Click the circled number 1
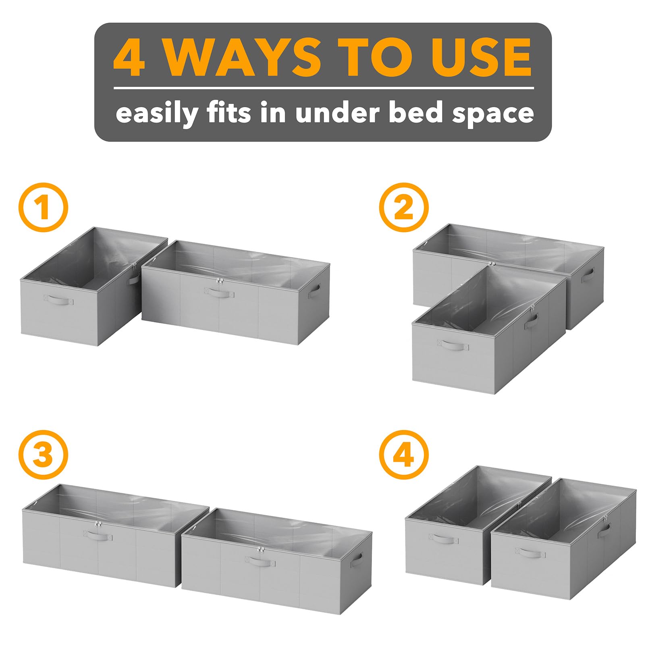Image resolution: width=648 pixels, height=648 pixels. tap(43, 208)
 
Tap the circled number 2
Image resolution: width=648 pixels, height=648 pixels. tap(404, 208)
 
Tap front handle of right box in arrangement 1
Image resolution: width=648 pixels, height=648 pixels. tap(219, 292)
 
